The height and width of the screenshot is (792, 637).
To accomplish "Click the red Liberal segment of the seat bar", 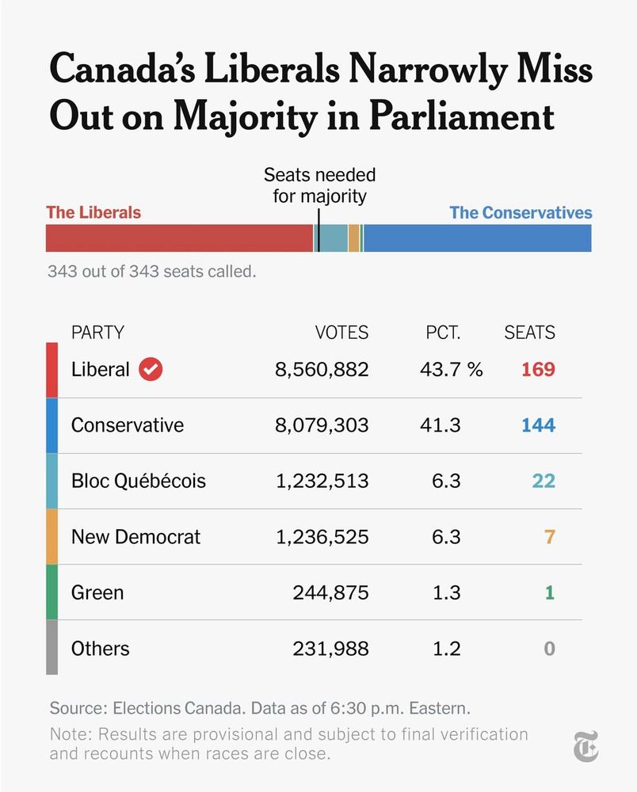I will point(179,238).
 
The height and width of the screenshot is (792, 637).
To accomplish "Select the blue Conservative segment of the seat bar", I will point(477,238).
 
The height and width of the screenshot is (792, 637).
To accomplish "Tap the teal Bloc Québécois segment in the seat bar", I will point(334,238).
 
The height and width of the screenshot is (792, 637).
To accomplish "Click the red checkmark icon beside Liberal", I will point(151,369).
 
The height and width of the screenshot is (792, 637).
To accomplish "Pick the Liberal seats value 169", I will point(538,369).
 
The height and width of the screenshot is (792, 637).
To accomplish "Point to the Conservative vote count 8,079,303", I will point(322,425).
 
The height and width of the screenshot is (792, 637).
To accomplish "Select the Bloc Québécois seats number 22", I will point(544,481).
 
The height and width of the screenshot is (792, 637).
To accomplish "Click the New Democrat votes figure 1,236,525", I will point(322,537).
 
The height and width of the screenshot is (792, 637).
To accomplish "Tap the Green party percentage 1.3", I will point(447,592).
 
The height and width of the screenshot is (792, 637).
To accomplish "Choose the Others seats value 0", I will point(549,649).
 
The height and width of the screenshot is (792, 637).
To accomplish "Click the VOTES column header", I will point(341,333).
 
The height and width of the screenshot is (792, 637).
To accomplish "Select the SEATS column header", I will point(529,333).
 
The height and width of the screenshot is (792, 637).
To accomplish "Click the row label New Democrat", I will point(135,537).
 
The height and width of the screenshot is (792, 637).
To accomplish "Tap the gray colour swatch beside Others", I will point(52,647).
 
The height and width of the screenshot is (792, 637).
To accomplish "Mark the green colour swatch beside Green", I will point(52,592).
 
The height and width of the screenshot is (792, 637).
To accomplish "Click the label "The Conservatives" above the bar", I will point(521,212).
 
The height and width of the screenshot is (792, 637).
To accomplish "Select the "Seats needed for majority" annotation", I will point(319,185).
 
